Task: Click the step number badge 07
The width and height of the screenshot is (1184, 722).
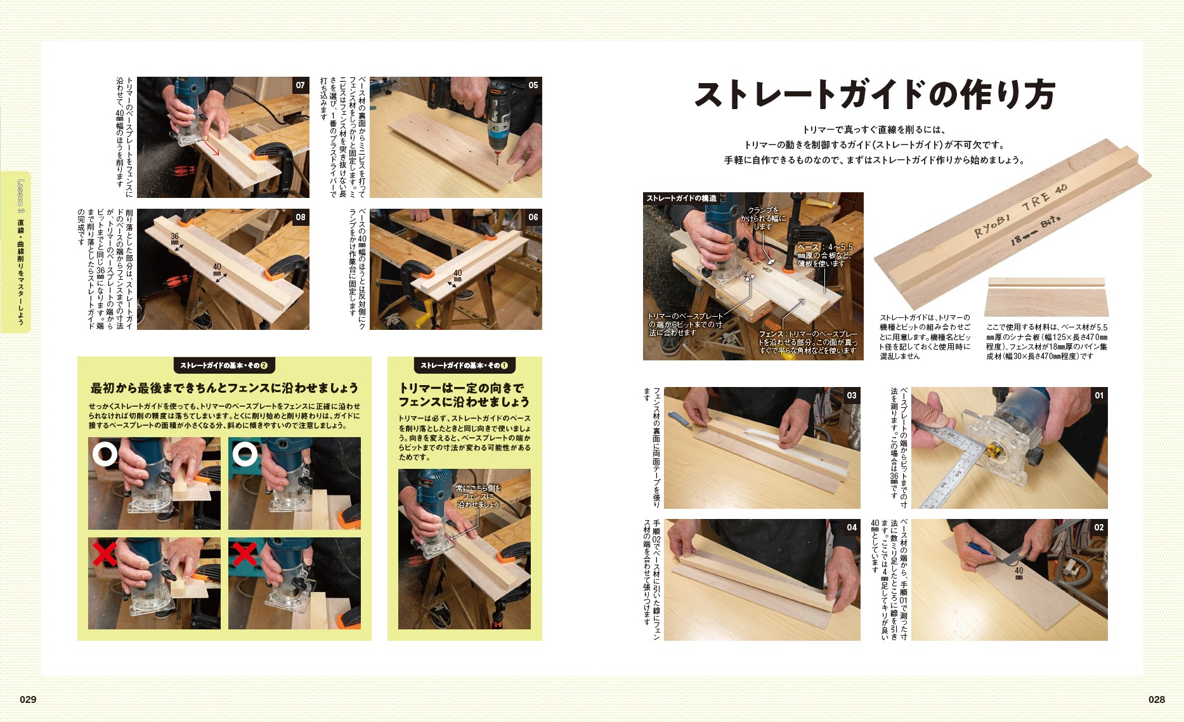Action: tap(300, 85)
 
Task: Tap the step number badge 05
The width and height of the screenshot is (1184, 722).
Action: tap(533, 85)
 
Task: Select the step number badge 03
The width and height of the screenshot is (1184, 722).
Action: tap(851, 395)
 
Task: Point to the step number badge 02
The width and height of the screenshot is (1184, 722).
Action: tap(1098, 527)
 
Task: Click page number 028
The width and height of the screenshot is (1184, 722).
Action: tap(1156, 699)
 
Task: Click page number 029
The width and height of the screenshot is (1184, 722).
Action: tap(28, 699)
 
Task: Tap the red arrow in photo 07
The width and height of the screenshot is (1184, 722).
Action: tap(211, 148)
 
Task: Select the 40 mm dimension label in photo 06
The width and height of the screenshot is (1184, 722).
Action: tap(457, 276)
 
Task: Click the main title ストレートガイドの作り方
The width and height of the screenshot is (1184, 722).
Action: tap(875, 95)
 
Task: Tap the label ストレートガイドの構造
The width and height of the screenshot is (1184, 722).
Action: tap(681, 199)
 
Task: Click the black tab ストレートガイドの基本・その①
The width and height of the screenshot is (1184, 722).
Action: tap(464, 365)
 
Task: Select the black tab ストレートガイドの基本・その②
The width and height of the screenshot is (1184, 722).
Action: tap(223, 365)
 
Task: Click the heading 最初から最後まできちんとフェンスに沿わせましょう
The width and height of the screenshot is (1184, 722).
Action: tap(224, 388)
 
